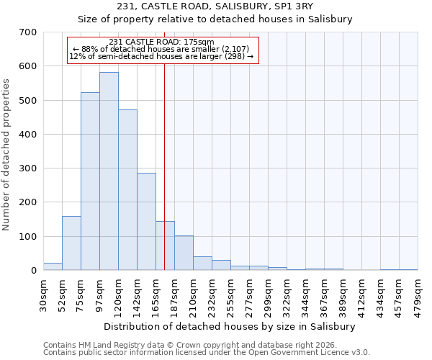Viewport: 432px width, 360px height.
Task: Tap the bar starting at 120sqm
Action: point(127,190)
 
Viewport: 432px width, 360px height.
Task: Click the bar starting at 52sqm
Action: point(71,243)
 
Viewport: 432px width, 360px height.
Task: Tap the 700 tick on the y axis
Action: point(28,32)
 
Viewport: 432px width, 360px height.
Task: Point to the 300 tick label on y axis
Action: point(28,168)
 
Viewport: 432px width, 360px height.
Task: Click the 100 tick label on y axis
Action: point(28,237)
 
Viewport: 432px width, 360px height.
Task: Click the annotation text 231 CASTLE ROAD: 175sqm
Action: point(161,42)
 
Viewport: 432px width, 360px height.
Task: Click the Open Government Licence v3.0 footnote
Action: point(206,353)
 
